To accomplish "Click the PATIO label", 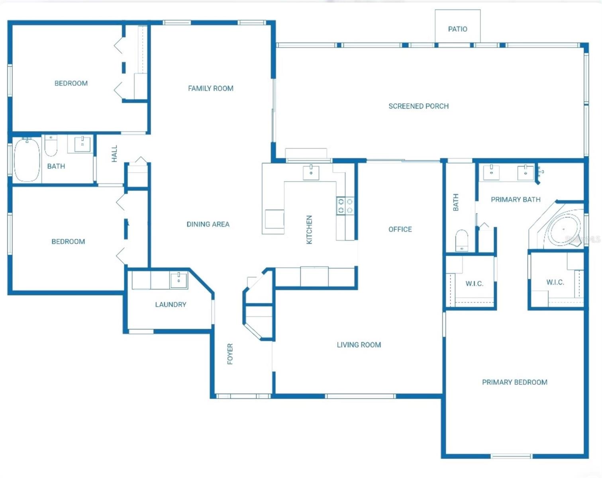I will point(457,29).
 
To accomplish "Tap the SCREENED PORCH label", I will point(418,106).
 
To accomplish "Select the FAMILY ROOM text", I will point(210,88).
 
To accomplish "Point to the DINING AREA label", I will point(208,224).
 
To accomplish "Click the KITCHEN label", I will point(309,229).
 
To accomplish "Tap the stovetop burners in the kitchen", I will point(345,206).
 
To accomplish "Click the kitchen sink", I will point(311,173).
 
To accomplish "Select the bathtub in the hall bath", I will point(27,159).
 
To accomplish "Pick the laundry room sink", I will point(178,280).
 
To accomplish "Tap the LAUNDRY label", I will point(171,305).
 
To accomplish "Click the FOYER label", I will point(230,354).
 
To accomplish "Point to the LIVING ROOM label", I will point(359,345).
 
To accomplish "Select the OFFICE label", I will point(400,229).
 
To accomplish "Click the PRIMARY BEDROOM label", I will point(514,382).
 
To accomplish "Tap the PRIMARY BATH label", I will point(516,200).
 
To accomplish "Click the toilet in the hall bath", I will point(51,147).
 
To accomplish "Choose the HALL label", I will point(114,154).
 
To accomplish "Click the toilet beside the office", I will point(462,240).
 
